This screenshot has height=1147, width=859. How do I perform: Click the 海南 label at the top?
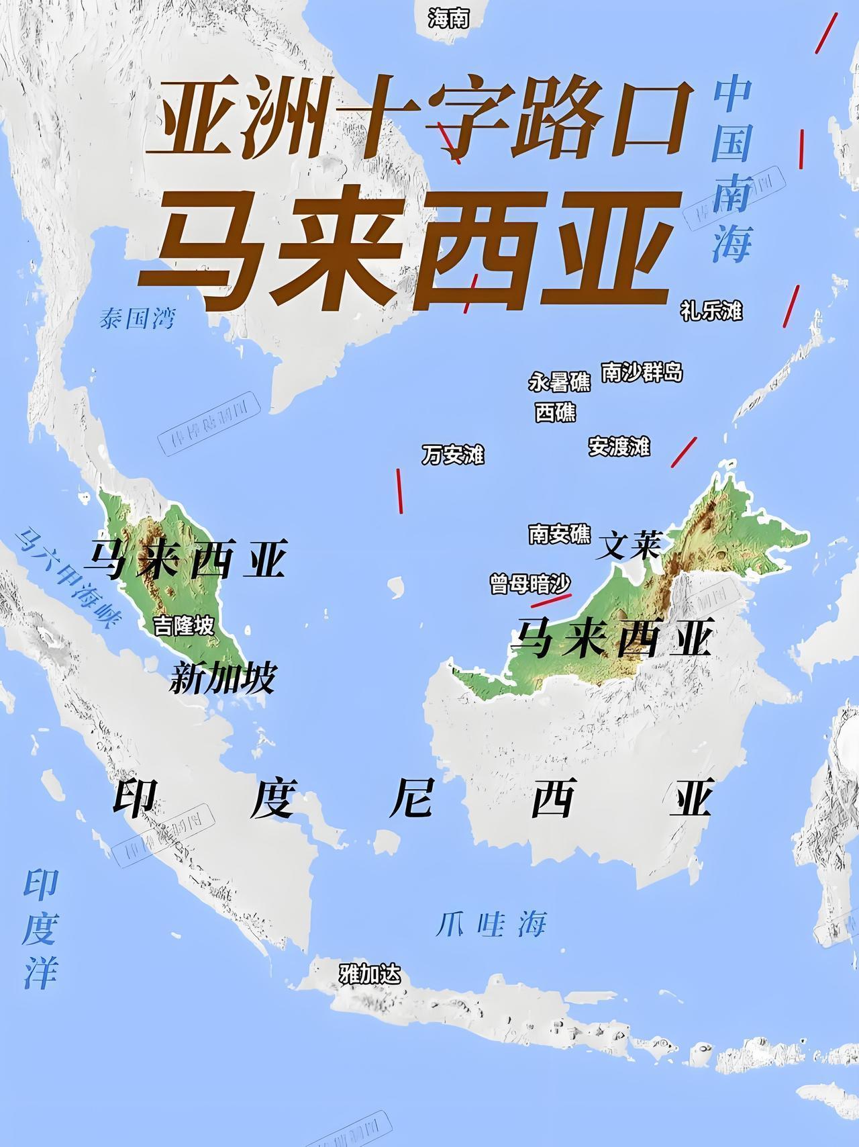(x=448, y=19)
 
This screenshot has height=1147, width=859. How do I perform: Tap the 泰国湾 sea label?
(x=137, y=318)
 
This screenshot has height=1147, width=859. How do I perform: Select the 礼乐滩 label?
(x=711, y=310)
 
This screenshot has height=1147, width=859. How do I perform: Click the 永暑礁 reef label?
(x=560, y=381)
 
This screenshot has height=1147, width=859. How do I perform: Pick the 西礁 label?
(x=555, y=412)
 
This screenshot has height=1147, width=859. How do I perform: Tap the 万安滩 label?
(x=453, y=455)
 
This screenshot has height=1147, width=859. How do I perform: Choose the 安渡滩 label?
(x=619, y=446)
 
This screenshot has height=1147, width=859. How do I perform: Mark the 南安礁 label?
(x=560, y=534)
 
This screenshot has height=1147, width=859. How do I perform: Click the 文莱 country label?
(x=629, y=545)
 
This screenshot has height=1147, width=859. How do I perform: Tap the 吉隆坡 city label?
(x=184, y=626)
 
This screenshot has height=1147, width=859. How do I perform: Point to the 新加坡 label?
(x=222, y=678)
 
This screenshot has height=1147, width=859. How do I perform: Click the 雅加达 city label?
(x=369, y=974)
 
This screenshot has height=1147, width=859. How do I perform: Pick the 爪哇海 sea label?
(x=491, y=925)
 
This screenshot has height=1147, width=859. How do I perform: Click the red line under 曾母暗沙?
(x=551, y=600)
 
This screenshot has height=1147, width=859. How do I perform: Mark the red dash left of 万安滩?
(x=399, y=491)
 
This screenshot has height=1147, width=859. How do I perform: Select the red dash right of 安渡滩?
(x=684, y=452)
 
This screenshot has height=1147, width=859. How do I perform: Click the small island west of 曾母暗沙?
(x=397, y=586)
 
